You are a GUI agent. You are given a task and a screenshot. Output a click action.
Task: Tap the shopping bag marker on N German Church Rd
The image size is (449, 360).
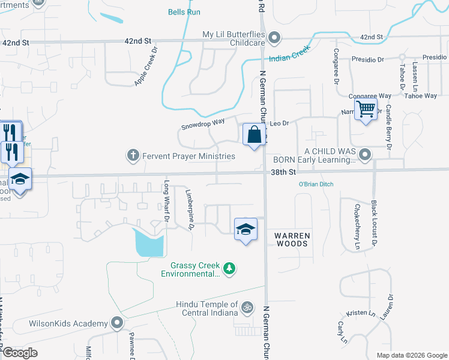tap(254, 134)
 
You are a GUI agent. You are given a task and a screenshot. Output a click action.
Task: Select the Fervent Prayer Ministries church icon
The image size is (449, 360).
tap(133, 156)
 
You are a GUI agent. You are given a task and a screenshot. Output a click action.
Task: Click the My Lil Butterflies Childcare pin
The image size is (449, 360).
tap(274, 38)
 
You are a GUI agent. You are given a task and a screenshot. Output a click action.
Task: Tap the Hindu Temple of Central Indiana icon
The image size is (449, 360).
tap(246, 309)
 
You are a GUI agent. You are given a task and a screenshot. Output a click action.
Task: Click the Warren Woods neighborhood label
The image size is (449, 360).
tap(292, 239)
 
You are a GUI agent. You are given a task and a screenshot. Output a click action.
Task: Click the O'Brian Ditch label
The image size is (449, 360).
tap(316, 184)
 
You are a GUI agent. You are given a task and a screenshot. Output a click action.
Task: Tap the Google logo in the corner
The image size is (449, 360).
tap(20, 353)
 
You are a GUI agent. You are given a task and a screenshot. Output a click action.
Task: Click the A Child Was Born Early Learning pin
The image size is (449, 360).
tap(364, 156)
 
